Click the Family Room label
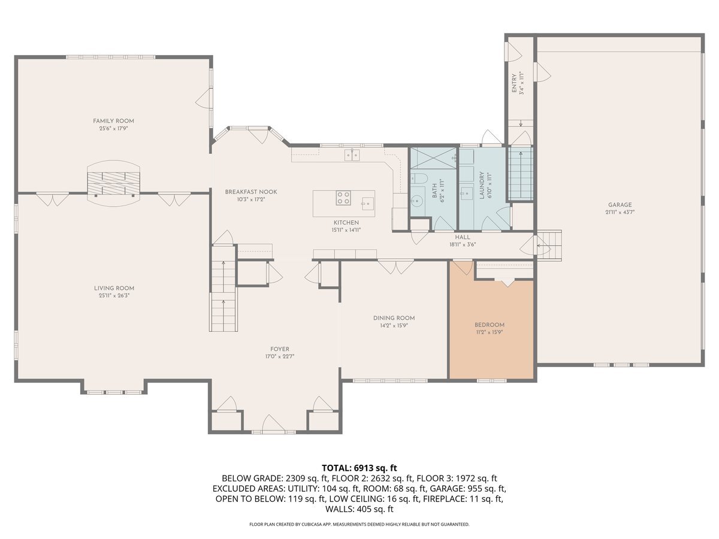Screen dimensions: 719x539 tap(113, 121)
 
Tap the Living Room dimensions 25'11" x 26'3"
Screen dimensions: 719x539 tap(114, 295)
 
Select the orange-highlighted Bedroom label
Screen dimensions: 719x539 tap(490, 325)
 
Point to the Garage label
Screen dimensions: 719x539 tap(620, 205)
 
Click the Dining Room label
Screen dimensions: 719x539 tap(394, 318)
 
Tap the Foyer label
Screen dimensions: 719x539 tap(280, 349)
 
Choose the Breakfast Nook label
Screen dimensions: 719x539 tap(251, 192)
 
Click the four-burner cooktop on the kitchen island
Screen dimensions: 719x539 tap(343, 198)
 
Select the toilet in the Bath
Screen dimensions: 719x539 tap(419, 178)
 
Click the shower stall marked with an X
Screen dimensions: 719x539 tap(433, 158)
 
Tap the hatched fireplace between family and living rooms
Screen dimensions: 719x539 tap(113, 183)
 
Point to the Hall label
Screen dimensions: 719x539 tap(463, 237)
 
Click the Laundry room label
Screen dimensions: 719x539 tap(482, 186)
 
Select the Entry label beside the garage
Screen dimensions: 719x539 tap(514, 83)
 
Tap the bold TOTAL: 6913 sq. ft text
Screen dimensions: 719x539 tap(359, 468)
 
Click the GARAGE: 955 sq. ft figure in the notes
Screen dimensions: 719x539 tap(468, 489)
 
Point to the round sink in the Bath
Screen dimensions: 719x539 tap(416, 199)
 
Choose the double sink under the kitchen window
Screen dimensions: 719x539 tap(352, 155)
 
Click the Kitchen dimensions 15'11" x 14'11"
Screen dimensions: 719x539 tap(346, 230)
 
